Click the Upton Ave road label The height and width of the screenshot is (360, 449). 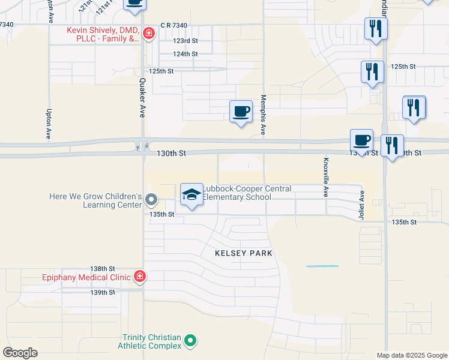point(49,124)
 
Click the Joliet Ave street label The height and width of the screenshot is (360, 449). point(362,205)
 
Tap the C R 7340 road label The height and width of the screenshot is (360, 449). point(175,25)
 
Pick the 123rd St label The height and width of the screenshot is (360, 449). point(185,41)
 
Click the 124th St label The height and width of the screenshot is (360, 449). point(185,54)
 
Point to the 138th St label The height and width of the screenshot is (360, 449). point(102,269)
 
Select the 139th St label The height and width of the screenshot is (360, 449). point(102,292)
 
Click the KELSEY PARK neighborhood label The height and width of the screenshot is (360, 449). point(244,253)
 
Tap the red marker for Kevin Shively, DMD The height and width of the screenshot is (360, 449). point(148,34)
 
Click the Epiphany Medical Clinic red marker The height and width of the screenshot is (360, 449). point(139,276)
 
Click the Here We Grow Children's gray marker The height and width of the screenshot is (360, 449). point(151,200)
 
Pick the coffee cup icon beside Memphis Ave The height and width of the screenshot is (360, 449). point(241,112)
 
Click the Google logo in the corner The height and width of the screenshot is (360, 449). point(20,353)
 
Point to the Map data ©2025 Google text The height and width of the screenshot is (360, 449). point(411,355)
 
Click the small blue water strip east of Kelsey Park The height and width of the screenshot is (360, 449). point(322,266)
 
